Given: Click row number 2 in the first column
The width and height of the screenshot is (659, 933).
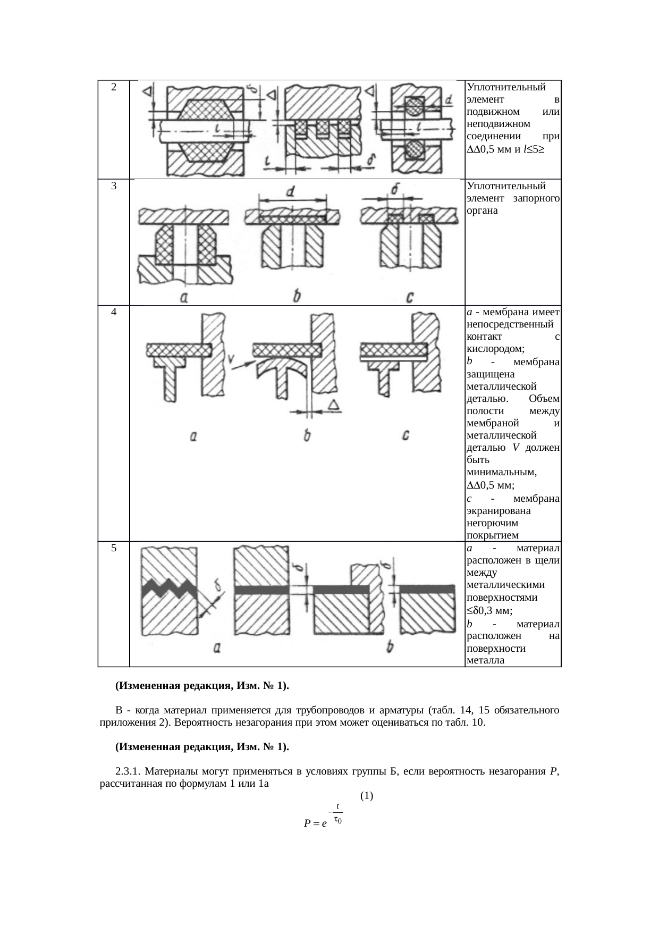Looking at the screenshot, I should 114,87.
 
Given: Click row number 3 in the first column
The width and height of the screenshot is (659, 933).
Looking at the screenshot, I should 114,186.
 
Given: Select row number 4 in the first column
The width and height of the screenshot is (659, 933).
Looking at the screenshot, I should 114,312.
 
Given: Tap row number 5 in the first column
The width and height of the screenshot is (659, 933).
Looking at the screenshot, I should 114,548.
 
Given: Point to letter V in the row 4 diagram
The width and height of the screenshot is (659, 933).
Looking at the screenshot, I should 232,359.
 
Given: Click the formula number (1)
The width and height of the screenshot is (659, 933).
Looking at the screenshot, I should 366,796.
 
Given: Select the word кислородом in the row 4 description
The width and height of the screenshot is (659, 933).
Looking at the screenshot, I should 495,349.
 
